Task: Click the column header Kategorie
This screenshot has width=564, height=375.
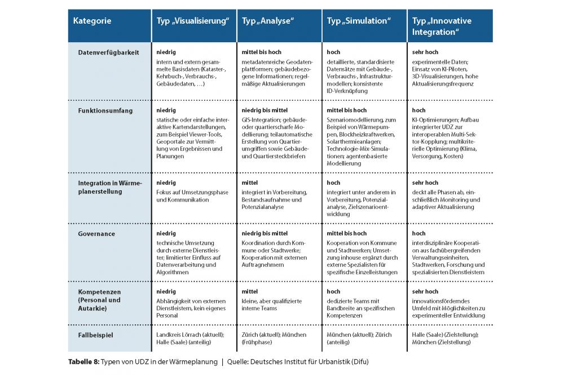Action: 92,21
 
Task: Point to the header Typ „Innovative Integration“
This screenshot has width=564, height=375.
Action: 442,26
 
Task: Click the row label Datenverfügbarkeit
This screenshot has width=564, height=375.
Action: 108,52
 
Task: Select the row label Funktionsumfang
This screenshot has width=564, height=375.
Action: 105,110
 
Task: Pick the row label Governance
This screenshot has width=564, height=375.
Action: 97,233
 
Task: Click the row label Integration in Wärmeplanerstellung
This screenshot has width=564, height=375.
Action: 111,187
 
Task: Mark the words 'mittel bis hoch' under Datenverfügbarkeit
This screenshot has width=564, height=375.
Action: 261,52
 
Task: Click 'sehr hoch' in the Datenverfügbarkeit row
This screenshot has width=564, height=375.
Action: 425,52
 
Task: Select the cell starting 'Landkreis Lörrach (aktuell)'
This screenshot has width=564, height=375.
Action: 190,338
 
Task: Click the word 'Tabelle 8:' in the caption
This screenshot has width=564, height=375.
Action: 83,361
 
